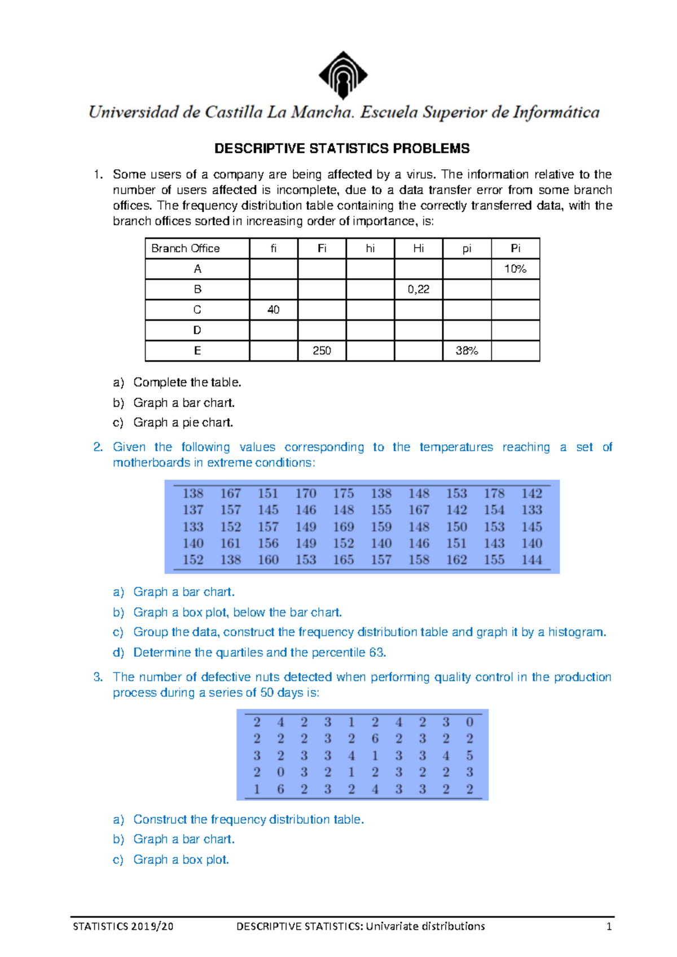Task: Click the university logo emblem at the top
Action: (343, 74)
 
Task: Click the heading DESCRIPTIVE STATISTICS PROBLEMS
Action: (342, 148)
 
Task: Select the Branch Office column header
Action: (186, 248)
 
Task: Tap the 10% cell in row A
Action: (515, 269)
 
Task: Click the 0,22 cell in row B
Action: (418, 289)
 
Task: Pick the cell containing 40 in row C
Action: (274, 310)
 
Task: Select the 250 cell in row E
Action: (322, 350)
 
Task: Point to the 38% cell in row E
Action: (467, 350)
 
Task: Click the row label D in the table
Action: (197, 330)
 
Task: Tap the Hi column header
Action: (418, 248)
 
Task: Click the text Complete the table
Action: (187, 382)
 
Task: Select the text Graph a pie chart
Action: (183, 422)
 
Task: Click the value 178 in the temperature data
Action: (494, 493)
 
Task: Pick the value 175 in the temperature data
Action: (343, 493)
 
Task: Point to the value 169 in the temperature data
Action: (343, 526)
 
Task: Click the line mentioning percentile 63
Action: (260, 652)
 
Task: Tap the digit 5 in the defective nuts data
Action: (469, 755)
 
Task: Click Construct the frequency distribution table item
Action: (248, 819)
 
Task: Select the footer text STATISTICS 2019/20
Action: (123, 926)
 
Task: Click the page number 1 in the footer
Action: (609, 926)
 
